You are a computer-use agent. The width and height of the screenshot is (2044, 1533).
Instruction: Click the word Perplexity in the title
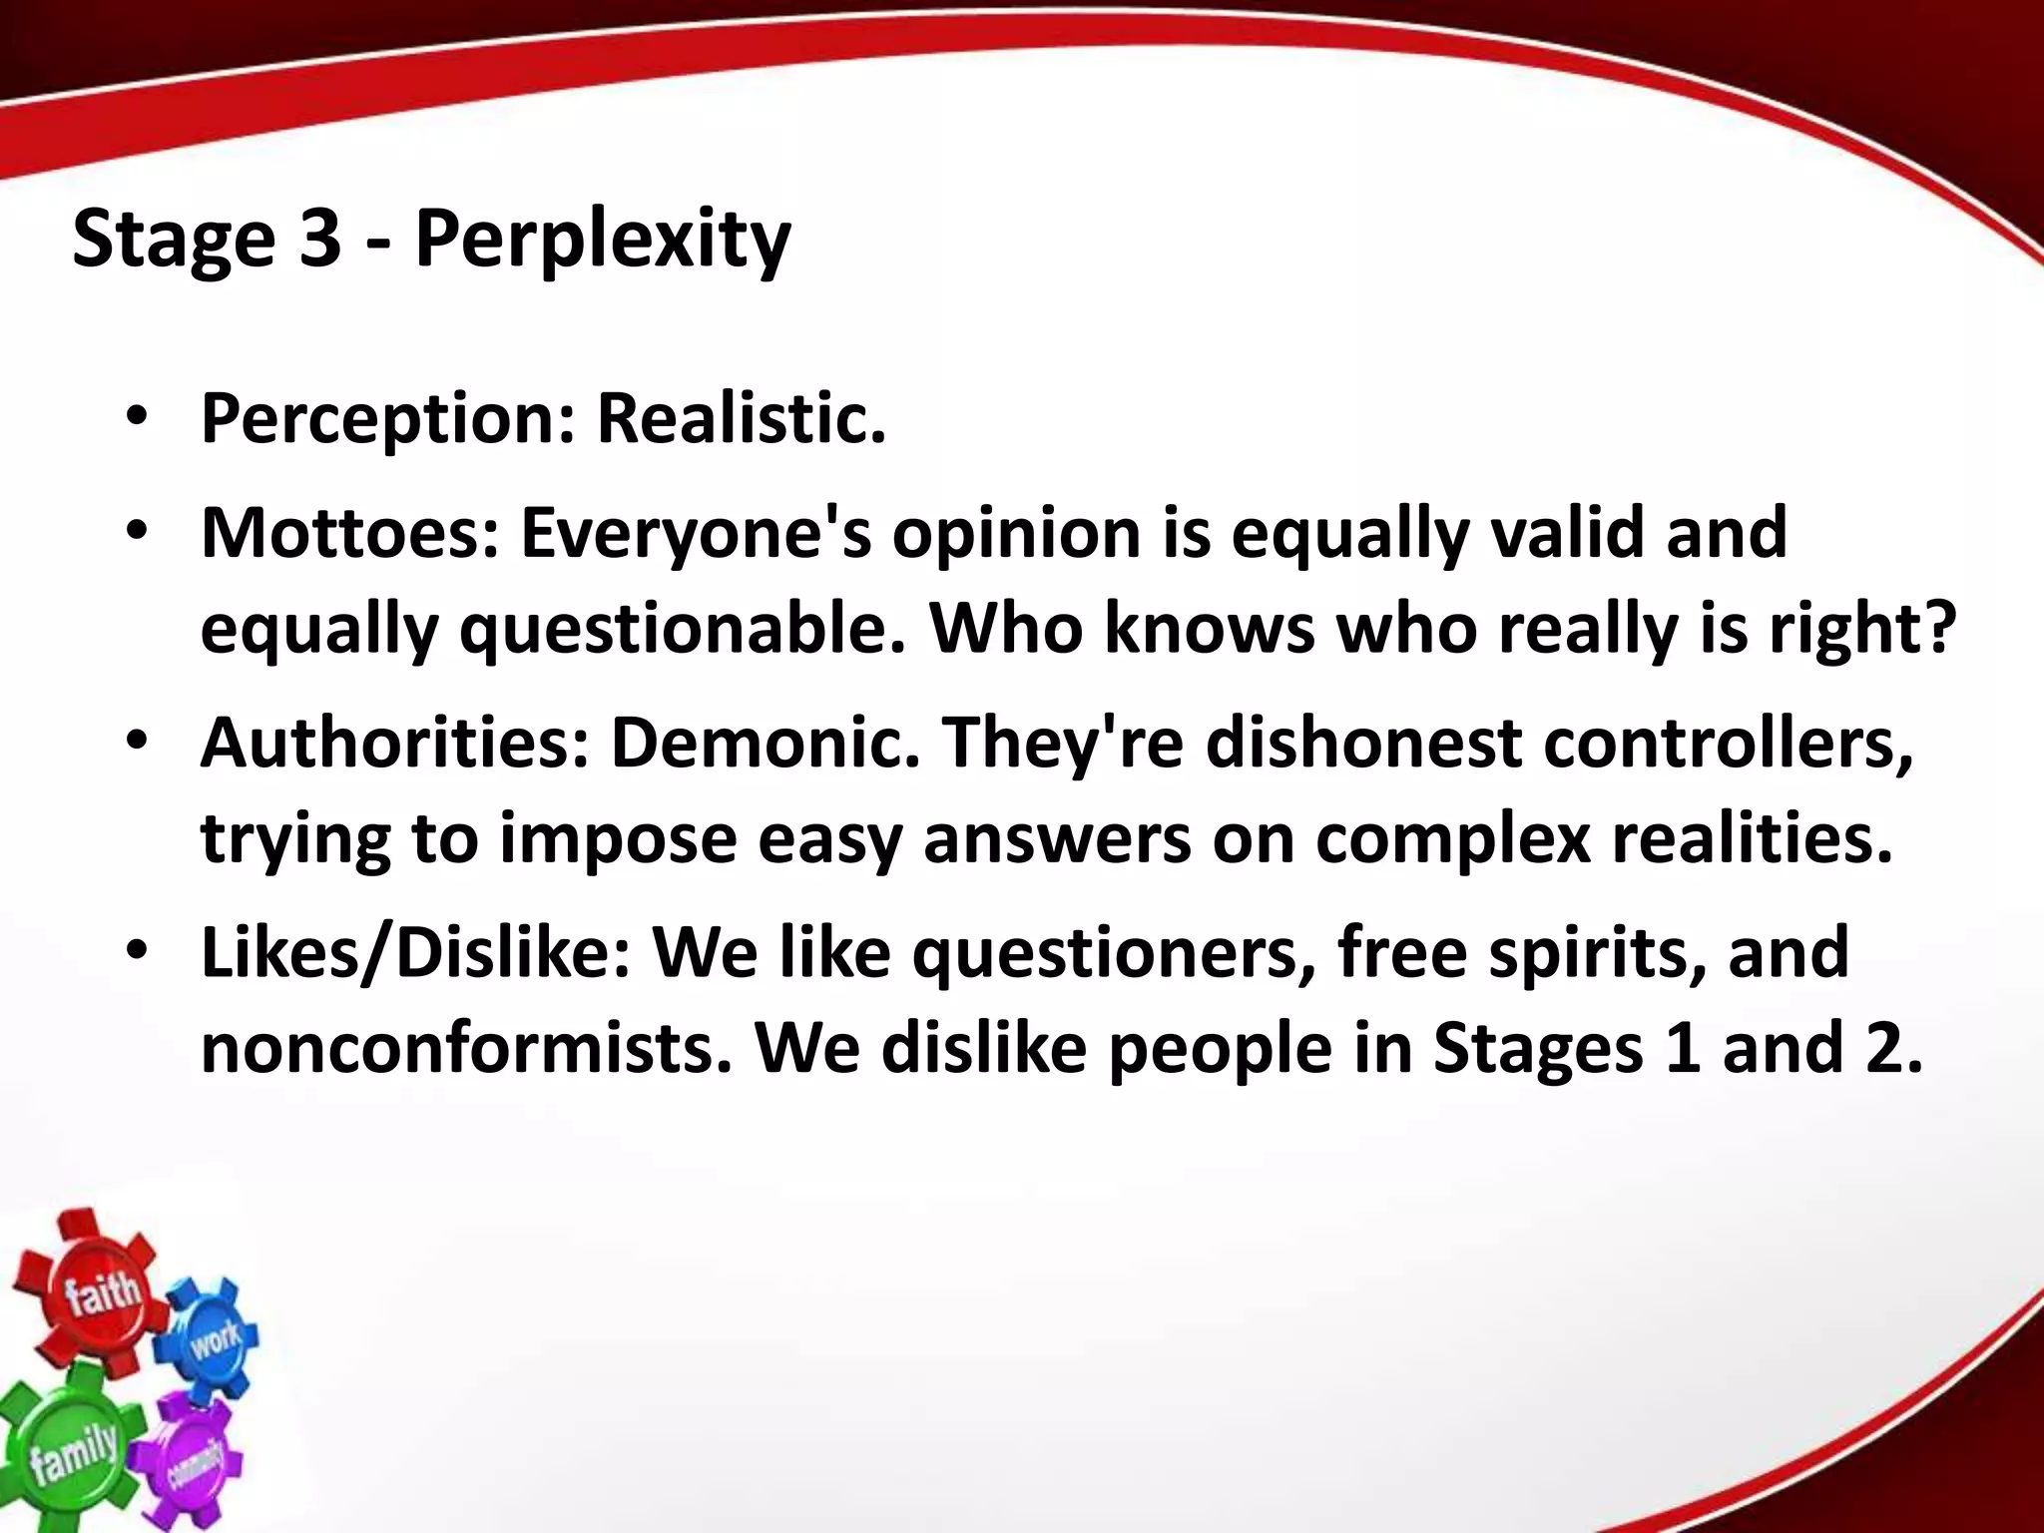pos(602,241)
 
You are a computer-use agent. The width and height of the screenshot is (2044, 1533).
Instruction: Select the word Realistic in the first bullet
pos(741,418)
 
